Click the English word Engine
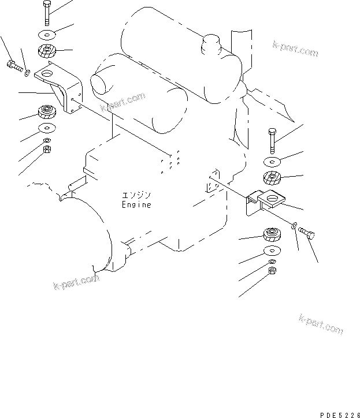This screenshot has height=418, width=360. (x=136, y=204)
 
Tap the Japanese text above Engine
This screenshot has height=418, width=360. (x=136, y=195)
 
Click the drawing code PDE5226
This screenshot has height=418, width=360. (x=340, y=415)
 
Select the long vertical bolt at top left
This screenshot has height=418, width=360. (x=47, y=13)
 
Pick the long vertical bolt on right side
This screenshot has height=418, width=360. (x=272, y=141)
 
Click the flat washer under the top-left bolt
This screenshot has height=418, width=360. (x=47, y=35)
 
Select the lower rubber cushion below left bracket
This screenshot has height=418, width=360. (x=47, y=111)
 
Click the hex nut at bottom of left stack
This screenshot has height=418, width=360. (x=47, y=149)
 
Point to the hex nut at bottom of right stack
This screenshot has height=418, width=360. (x=272, y=271)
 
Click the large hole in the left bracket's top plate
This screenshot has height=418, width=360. (x=48, y=73)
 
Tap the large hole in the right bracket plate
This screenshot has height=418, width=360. (x=273, y=198)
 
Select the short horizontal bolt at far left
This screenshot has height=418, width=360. (x=14, y=66)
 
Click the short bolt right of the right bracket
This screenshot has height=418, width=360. (x=306, y=233)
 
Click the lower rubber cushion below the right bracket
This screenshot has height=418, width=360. (x=272, y=234)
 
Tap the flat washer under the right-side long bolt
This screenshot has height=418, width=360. (x=272, y=162)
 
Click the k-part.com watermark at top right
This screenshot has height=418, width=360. (x=295, y=48)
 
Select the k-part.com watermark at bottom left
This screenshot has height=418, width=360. (x=76, y=282)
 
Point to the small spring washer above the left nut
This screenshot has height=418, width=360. (x=47, y=140)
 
